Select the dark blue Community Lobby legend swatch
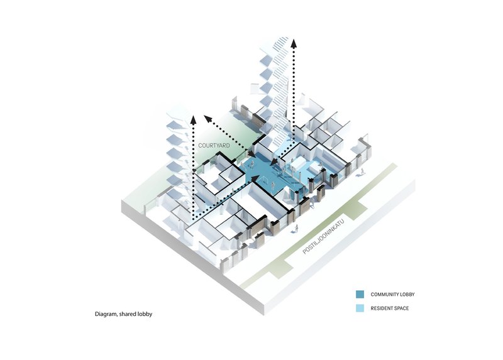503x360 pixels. (360, 294)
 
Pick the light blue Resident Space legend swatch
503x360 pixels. (360, 308)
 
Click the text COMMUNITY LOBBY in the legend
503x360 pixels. (392, 294)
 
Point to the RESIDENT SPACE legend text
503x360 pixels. (389, 308)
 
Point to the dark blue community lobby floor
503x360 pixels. (267, 173)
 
